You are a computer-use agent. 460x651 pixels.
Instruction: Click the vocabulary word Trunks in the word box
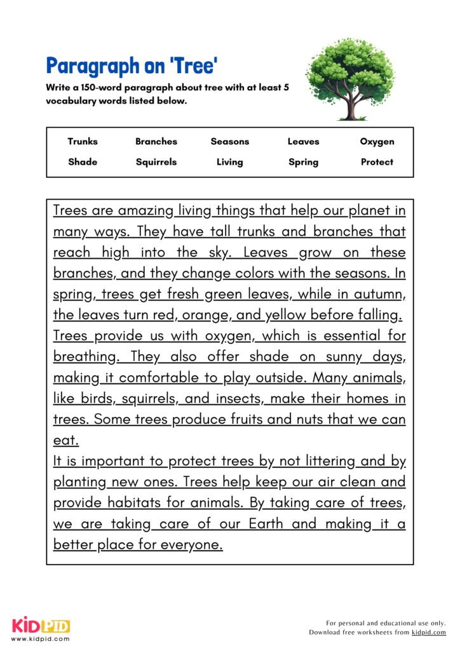tap(83, 142)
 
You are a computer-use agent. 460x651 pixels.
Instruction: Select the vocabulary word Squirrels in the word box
tap(156, 162)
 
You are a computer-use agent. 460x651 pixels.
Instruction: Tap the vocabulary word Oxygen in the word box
tap(377, 142)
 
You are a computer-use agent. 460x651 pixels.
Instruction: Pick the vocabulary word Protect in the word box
tap(377, 162)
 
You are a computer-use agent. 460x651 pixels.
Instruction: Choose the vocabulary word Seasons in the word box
tap(230, 142)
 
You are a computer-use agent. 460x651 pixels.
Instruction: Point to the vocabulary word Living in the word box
tap(230, 162)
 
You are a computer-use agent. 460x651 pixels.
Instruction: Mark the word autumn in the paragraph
tap(381, 294)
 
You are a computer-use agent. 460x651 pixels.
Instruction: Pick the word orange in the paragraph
tap(210, 315)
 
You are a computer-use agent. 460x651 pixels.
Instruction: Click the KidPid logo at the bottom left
tap(40, 626)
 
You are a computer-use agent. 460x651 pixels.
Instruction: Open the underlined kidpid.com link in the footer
tap(429, 633)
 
